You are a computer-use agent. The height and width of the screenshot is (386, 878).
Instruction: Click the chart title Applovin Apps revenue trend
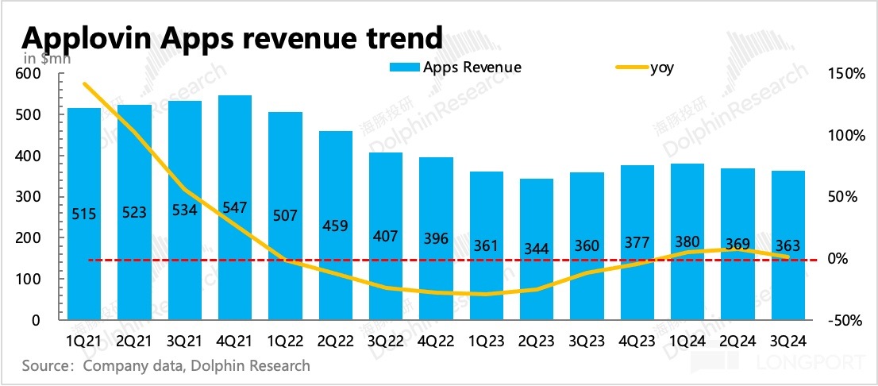click(x=231, y=37)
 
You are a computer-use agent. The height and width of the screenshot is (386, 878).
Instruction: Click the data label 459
click(x=335, y=225)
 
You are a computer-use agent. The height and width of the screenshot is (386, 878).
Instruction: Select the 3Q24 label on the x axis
click(x=788, y=340)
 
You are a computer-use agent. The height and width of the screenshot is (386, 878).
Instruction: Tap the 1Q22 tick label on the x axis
click(x=285, y=340)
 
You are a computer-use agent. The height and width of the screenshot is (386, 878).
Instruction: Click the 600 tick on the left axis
click(x=28, y=74)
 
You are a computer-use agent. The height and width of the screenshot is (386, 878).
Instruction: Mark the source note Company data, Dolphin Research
click(x=166, y=366)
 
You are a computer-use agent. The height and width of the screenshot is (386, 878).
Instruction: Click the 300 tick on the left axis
click(x=28, y=197)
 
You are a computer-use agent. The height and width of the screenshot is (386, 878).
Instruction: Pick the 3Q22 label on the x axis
click(x=385, y=340)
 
